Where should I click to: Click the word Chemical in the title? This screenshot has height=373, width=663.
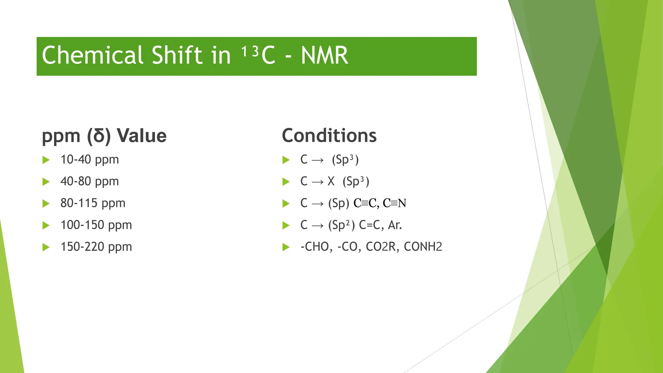click(93, 55)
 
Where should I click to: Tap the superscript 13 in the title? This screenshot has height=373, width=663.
click(250, 51)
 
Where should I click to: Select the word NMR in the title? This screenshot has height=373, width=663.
click(324, 56)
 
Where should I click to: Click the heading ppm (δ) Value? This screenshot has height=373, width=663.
click(104, 135)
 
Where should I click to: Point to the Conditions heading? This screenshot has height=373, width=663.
click(329, 135)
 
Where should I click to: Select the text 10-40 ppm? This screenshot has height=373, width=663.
click(90, 160)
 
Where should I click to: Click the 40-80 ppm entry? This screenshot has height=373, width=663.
click(90, 181)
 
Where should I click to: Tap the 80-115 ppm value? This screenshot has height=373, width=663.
click(93, 203)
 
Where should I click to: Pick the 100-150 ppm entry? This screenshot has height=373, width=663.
click(96, 225)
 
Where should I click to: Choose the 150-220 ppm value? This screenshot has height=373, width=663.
click(96, 247)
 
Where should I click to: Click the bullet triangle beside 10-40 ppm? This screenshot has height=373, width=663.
click(46, 160)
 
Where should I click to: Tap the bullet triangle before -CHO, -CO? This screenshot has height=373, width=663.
click(286, 247)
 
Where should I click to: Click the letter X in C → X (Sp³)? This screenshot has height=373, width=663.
click(331, 181)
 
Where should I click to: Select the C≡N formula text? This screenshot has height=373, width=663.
click(394, 203)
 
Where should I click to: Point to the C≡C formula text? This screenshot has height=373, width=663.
click(365, 203)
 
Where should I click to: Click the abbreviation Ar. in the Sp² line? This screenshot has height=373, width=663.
click(395, 225)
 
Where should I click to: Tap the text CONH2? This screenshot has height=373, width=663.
click(423, 247)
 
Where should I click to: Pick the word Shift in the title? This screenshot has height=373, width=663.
click(177, 55)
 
